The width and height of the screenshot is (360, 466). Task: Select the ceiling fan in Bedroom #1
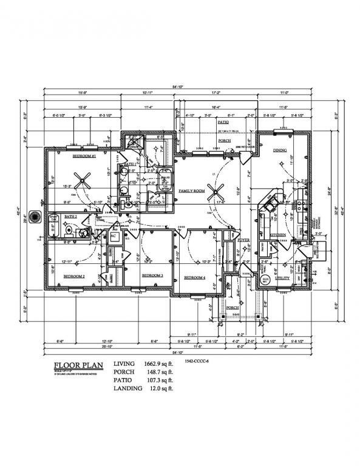tap(86, 180)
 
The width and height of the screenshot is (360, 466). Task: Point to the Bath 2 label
tap(70, 216)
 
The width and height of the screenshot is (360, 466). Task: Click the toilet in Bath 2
tap(69, 230)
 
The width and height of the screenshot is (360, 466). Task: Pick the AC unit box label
tap(114, 235)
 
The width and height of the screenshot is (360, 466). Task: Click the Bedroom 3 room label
tap(152, 275)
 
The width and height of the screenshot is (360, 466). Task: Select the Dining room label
tap(280, 150)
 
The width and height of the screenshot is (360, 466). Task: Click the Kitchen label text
tap(278, 234)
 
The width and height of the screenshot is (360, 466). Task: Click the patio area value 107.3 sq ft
tap(158, 380)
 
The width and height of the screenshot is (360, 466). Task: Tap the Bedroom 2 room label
tap(75, 275)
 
